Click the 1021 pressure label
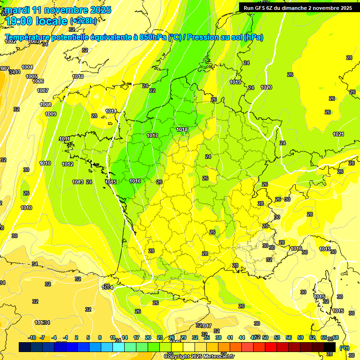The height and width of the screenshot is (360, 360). (338, 134)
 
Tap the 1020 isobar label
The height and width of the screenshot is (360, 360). (266, 87)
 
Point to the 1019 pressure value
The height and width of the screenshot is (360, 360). (235, 82)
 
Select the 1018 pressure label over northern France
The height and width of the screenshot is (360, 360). (182, 129)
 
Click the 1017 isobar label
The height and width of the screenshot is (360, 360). (152, 135)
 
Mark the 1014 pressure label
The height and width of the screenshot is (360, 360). (111, 111)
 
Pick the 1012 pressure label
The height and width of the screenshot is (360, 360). (67, 164)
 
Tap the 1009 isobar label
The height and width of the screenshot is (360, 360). (51, 114)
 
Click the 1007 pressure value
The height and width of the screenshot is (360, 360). (43, 90)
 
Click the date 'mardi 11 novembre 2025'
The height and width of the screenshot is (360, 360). (58, 10)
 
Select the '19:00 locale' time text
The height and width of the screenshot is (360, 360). (37, 21)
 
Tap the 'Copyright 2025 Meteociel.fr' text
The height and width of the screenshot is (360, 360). (199, 356)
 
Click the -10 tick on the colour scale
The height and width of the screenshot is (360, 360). (32, 337)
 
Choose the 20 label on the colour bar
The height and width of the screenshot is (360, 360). (148, 337)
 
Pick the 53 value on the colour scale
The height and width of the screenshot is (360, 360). (277, 337)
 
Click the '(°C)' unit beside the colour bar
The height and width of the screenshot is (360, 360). (344, 348)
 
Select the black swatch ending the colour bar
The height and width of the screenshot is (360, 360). (330, 347)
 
